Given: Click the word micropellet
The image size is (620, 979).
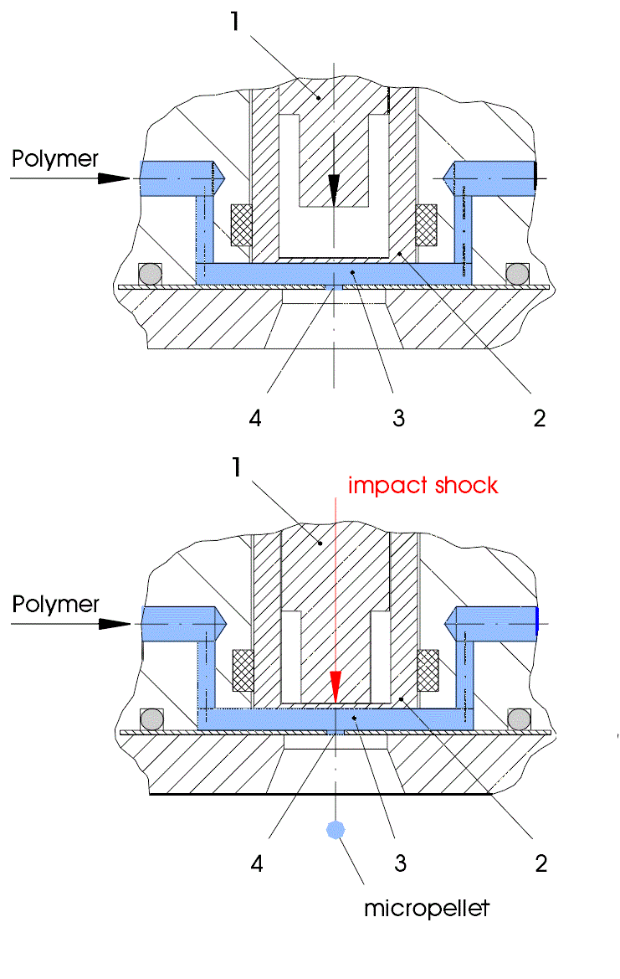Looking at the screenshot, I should coord(426,908).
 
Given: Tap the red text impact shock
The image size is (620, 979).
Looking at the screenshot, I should coord(423,485).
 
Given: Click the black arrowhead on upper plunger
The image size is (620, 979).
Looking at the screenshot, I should coord(334,190).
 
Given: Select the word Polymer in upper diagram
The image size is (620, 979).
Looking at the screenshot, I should coord(55,157).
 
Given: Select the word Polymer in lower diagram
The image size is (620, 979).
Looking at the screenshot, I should coord(55,604).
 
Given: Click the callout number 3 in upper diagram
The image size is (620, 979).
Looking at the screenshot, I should coord(399,418).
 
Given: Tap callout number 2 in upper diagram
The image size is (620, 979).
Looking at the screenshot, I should coord(540,418).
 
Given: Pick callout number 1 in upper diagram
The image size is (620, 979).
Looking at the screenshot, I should coord(237,20).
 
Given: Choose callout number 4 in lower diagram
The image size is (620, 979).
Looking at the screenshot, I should coord(257,863).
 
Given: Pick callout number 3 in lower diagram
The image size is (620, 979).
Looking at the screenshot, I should coord(401,863).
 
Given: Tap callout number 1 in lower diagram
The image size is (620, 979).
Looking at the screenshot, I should coord(237,467).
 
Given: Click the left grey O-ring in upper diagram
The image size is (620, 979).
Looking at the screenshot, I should coord(150,273).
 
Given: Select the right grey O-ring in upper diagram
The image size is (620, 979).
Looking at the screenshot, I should coord(517,273).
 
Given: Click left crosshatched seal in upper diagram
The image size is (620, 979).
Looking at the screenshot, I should coord(243,224).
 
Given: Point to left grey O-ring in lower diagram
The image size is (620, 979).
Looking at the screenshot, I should coord(151,719).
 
